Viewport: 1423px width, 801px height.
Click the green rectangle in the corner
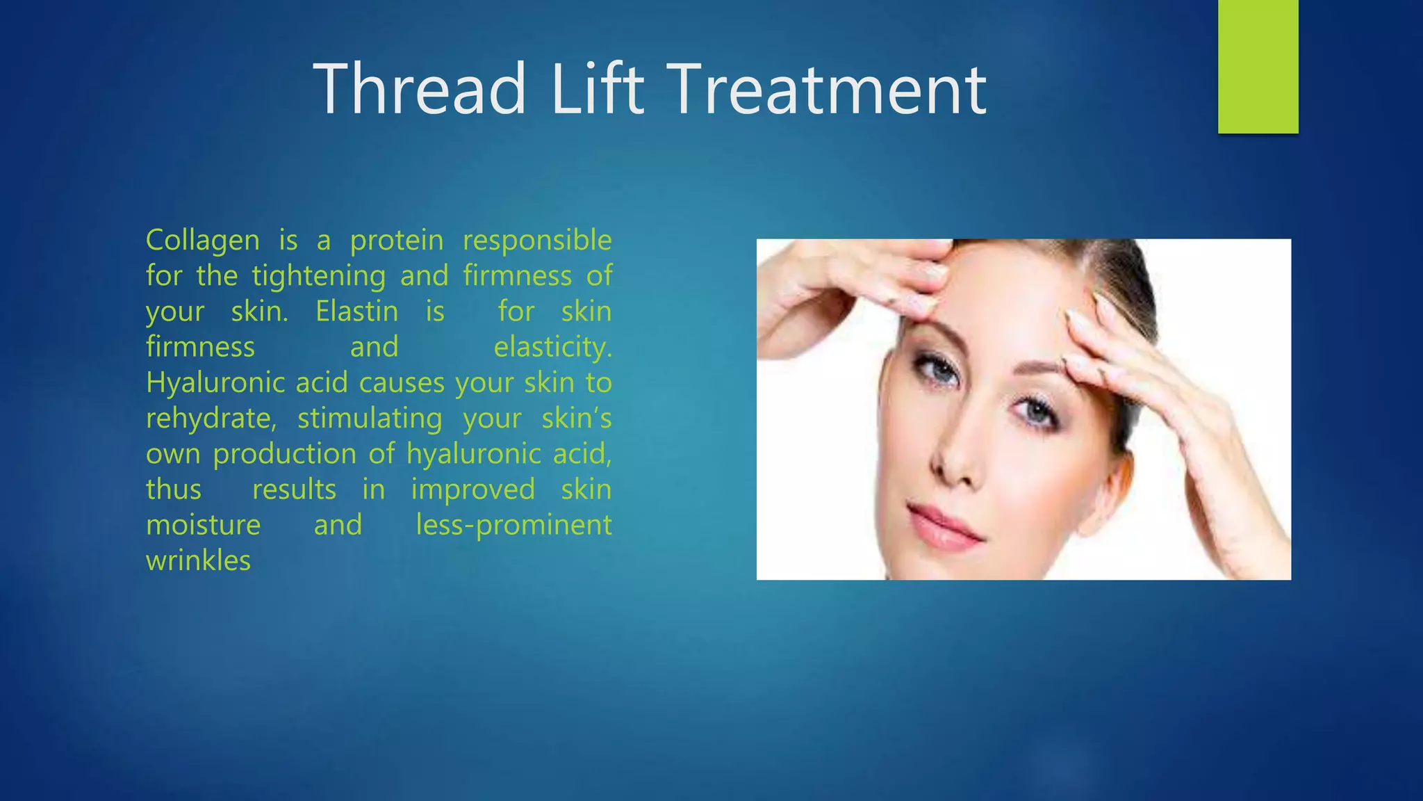pos(1258,66)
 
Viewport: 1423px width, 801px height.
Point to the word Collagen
pos(203,241)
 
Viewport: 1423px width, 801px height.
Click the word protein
pos(397,241)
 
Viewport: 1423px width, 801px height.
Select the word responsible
pos(537,241)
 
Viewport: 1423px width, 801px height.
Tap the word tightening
pos(318,277)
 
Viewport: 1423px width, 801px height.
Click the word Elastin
pos(356,311)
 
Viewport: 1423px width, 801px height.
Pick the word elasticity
pos(552,347)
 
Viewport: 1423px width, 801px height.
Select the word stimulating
pos(370,419)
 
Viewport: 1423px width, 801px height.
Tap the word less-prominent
pos(513,525)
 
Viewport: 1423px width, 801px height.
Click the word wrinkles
pos(198,560)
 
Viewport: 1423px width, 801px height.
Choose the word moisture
pos(203,525)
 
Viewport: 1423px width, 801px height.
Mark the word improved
pos(472,489)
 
